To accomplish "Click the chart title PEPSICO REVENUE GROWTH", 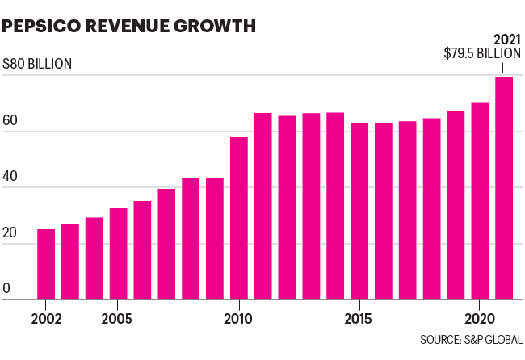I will pyautogui.click(x=129, y=26).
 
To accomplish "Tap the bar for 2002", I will pyautogui.click(x=46, y=265).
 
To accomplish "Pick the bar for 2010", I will pyautogui.click(x=239, y=218).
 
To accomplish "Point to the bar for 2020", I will pyautogui.click(x=480, y=201).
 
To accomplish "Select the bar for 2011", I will pyautogui.click(x=263, y=206).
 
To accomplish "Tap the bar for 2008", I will pyautogui.click(x=191, y=239).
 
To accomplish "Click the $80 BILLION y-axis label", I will pyautogui.click(x=37, y=64).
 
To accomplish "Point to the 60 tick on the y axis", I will pyautogui.click(x=10, y=119).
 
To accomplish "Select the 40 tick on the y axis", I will pyautogui.click(x=10, y=175).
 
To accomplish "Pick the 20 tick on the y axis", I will pyautogui.click(x=10, y=232).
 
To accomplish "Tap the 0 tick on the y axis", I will pyautogui.click(x=7, y=287).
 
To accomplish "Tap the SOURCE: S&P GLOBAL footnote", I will pyautogui.click(x=470, y=338).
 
